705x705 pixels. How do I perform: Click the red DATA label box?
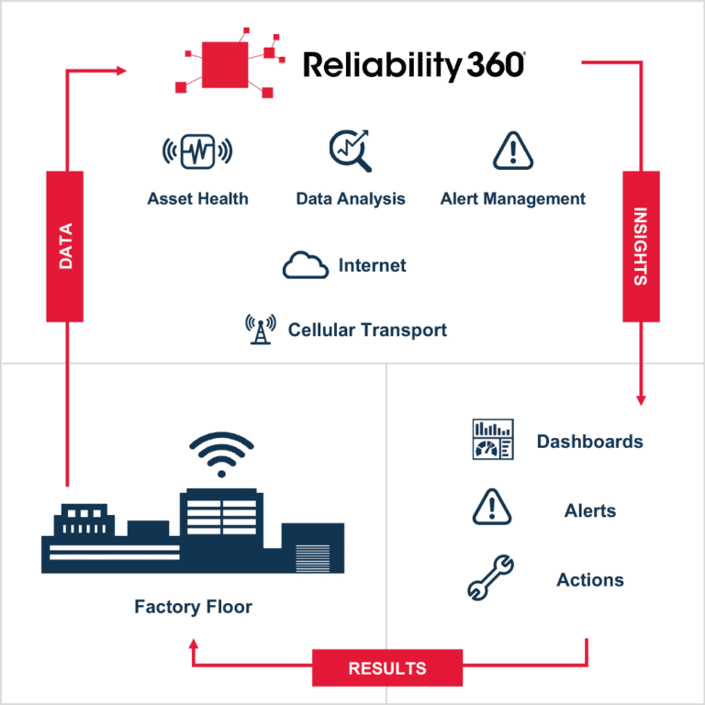tap(65, 246)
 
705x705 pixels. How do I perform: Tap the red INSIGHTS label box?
tap(641, 246)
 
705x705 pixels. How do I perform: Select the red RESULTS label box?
tap(386, 667)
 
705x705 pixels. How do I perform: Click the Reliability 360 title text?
tap(414, 67)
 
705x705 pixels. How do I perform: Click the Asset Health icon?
tap(197, 150)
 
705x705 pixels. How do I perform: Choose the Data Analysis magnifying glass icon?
tap(350, 150)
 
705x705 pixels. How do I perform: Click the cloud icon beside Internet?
tap(306, 265)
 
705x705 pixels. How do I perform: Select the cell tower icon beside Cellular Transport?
tap(260, 329)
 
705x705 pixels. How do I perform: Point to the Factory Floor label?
tap(194, 606)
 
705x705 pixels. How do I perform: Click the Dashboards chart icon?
tap(491, 440)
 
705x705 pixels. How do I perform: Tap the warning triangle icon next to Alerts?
tap(491, 509)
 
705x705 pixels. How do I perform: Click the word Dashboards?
tap(589, 442)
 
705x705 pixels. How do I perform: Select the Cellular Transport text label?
tap(368, 330)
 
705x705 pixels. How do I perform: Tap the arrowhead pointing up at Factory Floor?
tap(194, 645)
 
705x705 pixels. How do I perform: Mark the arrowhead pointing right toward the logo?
tap(122, 69)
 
